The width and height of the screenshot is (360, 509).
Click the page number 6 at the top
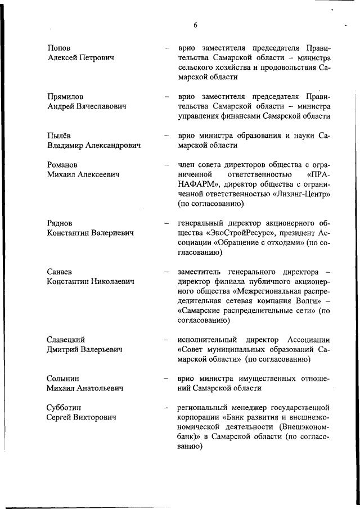[x=195, y=25]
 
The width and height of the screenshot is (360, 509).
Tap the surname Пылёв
[x=59, y=136]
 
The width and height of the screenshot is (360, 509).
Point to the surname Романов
[x=63, y=165]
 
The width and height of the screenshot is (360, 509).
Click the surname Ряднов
[x=60, y=223]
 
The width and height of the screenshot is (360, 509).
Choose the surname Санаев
[x=60, y=272]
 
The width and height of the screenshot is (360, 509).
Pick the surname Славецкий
[x=66, y=340]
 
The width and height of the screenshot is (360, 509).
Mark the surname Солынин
[x=63, y=379]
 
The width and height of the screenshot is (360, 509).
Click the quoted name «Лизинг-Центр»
[x=299, y=194]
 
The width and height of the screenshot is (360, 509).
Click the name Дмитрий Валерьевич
[x=84, y=349]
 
